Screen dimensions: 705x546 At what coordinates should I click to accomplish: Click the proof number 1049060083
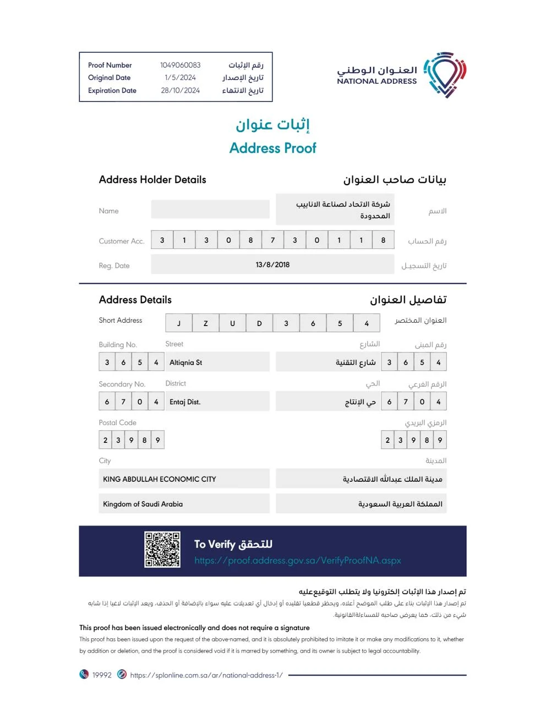click(180, 65)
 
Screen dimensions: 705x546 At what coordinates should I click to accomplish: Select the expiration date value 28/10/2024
click(180, 90)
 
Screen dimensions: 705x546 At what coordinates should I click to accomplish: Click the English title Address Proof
click(272, 148)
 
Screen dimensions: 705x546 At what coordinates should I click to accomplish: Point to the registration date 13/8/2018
click(272, 265)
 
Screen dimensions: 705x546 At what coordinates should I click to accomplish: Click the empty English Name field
click(210, 209)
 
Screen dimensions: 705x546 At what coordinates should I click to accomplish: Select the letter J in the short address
click(179, 323)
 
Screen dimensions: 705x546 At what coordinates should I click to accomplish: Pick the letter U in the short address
click(232, 323)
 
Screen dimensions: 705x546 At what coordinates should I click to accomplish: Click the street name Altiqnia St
click(186, 362)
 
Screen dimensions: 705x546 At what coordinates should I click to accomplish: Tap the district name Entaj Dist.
click(185, 402)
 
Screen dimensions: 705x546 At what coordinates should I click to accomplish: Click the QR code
click(162, 550)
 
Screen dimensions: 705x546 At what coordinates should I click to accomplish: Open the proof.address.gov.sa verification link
click(297, 561)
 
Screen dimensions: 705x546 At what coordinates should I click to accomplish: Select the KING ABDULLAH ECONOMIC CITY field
click(160, 479)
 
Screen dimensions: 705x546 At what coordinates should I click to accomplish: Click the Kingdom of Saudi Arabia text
click(143, 504)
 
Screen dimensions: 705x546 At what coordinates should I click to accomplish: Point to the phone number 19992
click(102, 675)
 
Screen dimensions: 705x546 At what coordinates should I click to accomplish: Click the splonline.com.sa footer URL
click(206, 675)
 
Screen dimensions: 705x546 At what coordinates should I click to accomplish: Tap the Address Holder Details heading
click(152, 180)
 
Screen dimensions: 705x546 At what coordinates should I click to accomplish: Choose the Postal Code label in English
click(117, 422)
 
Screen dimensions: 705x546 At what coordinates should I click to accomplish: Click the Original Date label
click(109, 78)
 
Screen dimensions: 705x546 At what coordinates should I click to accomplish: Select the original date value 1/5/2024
click(180, 78)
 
